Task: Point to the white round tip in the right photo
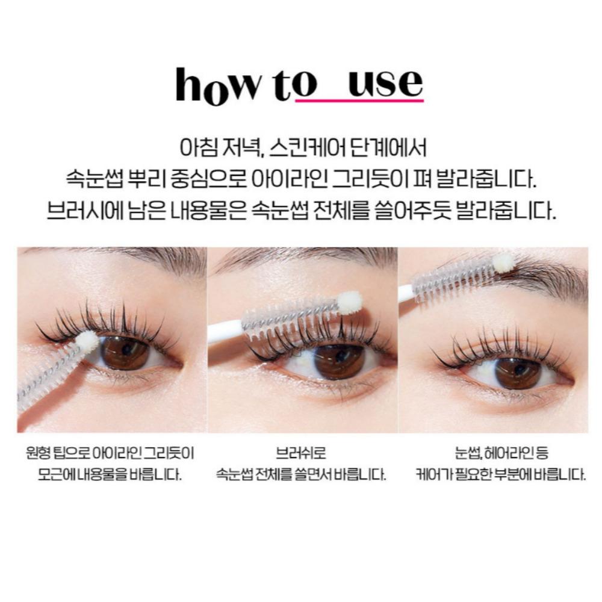click(504, 262)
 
